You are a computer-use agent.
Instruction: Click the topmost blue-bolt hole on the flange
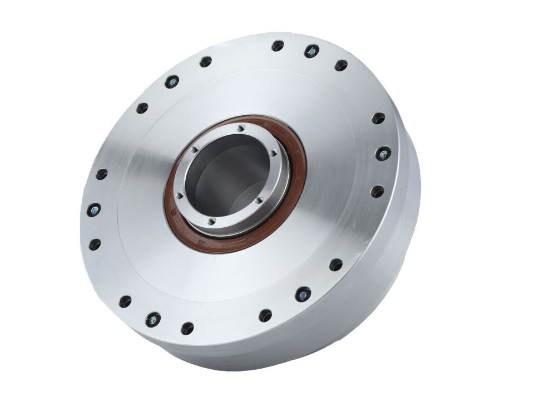[x=311, y=51]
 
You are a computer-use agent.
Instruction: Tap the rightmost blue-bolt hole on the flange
[x=383, y=153]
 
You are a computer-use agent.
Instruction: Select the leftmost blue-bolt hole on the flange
[x=93, y=210]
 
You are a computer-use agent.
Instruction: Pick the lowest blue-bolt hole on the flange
[x=152, y=320]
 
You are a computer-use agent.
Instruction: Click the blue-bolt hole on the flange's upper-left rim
[x=172, y=82]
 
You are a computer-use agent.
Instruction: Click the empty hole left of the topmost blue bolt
[x=278, y=46]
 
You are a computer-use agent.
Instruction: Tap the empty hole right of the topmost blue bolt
[x=341, y=65]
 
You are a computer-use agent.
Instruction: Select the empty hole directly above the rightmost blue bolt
[x=378, y=118]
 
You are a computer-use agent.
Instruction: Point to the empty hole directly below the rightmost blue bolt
[x=377, y=192]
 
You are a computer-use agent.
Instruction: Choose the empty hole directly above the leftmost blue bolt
[x=102, y=174]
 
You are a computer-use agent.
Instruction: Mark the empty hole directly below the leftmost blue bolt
[x=95, y=244]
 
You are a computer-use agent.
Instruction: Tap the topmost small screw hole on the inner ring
[x=240, y=128]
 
